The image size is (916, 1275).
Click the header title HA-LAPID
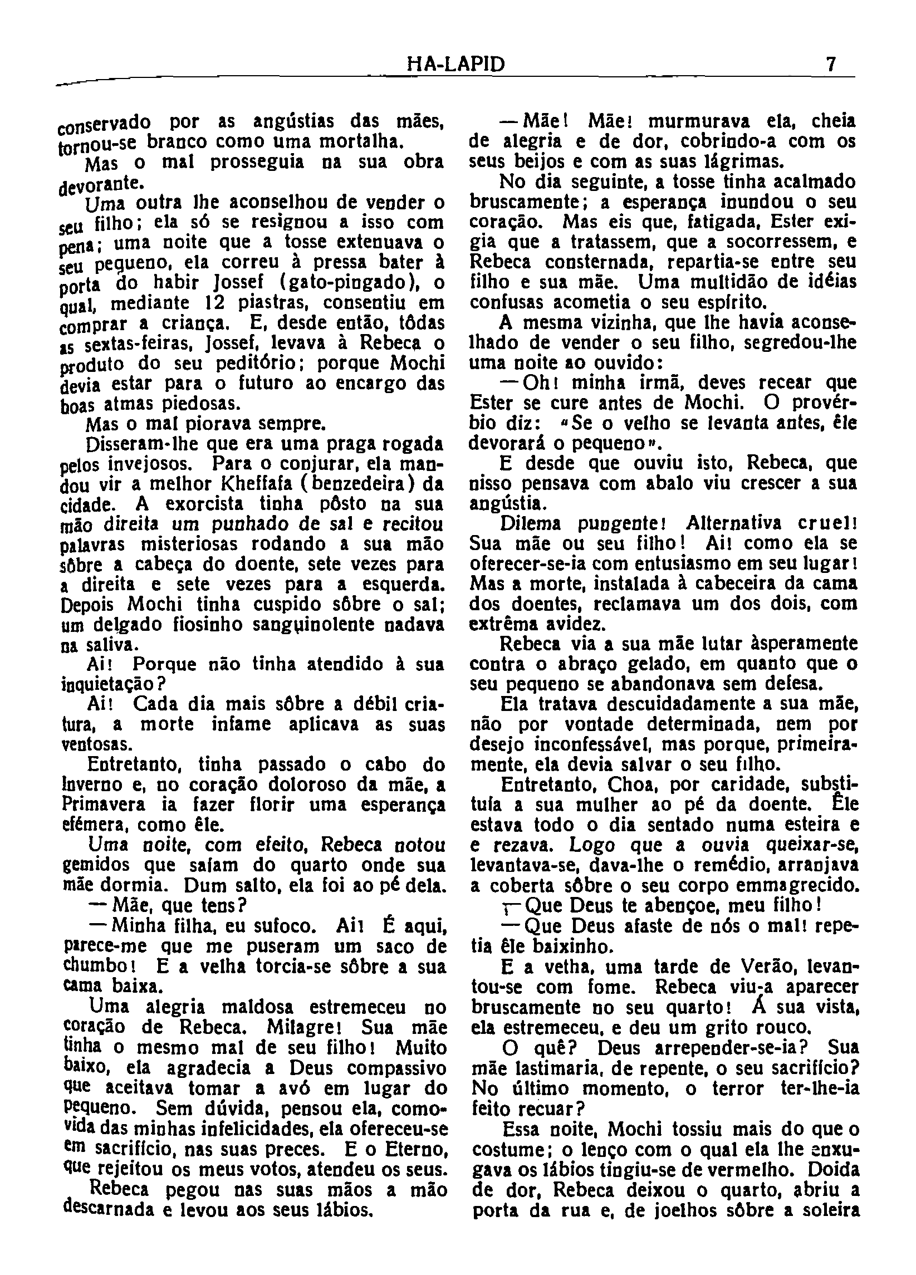(x=455, y=66)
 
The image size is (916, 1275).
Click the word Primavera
(x=104, y=805)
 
